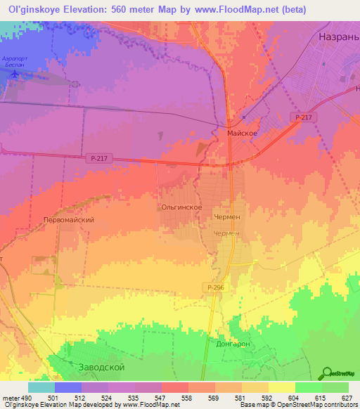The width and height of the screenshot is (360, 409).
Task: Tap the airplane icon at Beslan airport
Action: point(17,90)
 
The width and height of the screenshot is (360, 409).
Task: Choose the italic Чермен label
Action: point(226,233)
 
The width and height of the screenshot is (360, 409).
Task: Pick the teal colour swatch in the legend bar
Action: point(41,387)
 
